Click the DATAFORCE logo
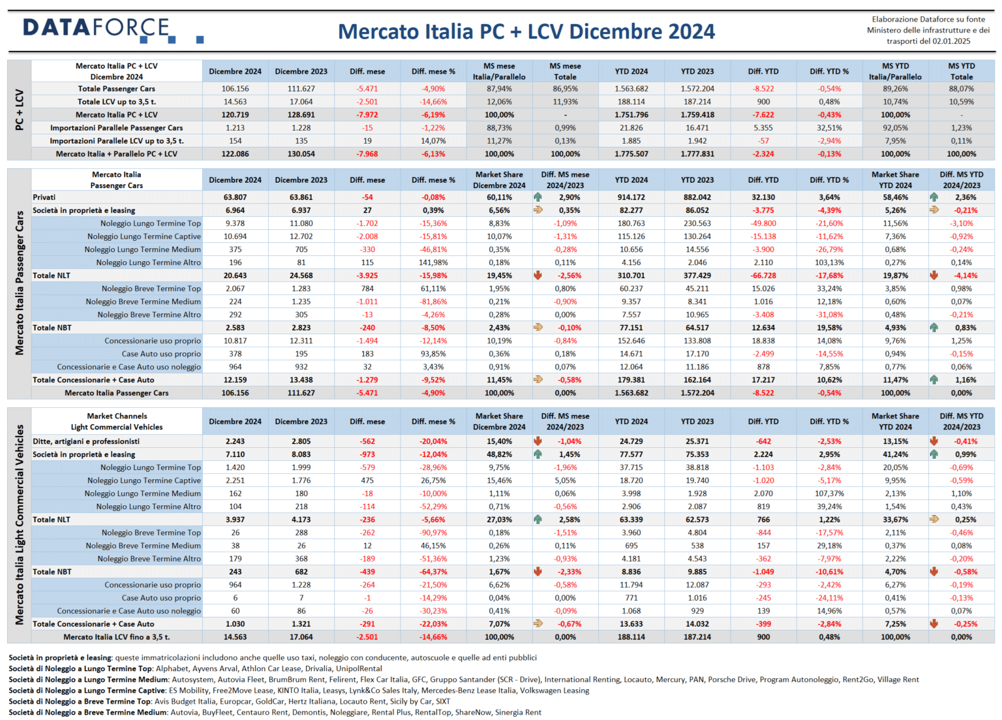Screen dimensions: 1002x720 (113, 31)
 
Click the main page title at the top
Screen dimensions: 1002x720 (526, 31)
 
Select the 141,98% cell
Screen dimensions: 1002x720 (433, 262)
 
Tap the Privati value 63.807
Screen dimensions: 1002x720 (235, 197)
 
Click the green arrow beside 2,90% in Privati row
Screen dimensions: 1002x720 (538, 197)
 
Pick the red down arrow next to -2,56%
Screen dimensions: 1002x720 (538, 275)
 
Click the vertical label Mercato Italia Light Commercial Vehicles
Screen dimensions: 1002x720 (20, 524)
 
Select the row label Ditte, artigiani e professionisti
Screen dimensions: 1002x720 (86, 441)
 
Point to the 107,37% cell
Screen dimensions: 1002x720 (829, 493)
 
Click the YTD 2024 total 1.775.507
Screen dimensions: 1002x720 (631, 154)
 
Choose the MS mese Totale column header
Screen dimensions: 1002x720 (565, 71)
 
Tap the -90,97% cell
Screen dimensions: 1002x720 (433, 533)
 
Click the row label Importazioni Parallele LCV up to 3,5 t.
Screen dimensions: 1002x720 (117, 141)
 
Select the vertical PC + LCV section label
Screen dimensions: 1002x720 (19, 110)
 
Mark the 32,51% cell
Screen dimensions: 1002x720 (829, 128)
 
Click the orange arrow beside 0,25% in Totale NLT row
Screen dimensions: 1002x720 (934, 520)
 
